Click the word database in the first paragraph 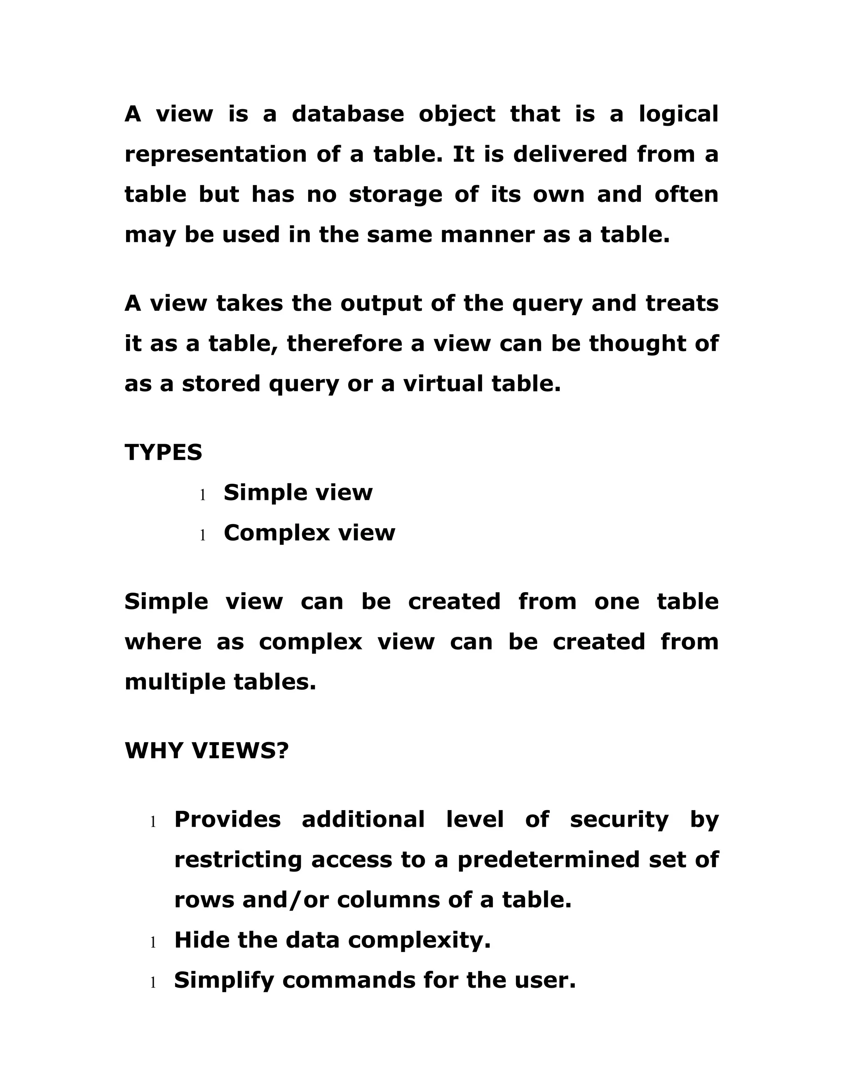(347, 114)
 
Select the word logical (678, 115)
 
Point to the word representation (216, 155)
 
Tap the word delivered (570, 154)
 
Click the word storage (395, 195)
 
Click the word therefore (345, 344)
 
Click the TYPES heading (164, 452)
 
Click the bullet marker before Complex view (202, 536)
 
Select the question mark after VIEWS (282, 750)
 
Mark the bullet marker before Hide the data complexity (153, 943)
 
